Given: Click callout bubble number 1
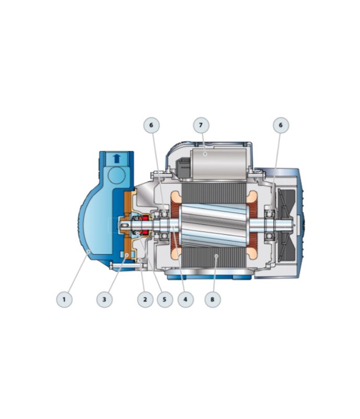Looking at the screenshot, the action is [x=64, y=299].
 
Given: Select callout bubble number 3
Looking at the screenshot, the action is [x=105, y=299].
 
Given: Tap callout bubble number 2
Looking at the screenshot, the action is [x=145, y=299].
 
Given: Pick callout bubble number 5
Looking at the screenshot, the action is [x=165, y=299].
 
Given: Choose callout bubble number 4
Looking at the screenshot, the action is [x=186, y=299].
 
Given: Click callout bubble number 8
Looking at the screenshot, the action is [x=212, y=299].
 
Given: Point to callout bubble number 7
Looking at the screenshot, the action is [x=201, y=125].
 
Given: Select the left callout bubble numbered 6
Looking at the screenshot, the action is [x=151, y=125].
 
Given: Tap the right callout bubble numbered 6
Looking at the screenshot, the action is [x=280, y=125].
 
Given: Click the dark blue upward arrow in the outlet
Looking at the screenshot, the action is [x=117, y=159].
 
